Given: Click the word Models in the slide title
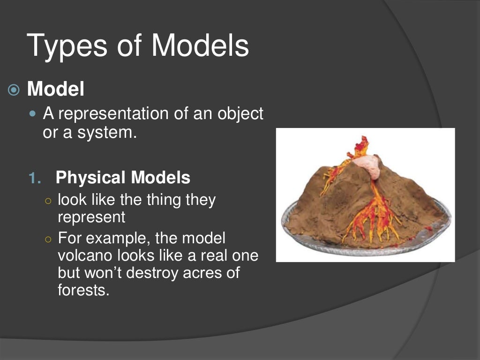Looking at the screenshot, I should click(x=200, y=45).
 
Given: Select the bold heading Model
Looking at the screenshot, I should click(x=56, y=89).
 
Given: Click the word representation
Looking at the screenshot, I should click(x=113, y=114).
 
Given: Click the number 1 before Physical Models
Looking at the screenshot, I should click(x=32, y=178).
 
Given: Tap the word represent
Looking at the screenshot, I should click(x=91, y=217).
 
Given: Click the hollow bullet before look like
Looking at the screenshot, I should click(x=48, y=200).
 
